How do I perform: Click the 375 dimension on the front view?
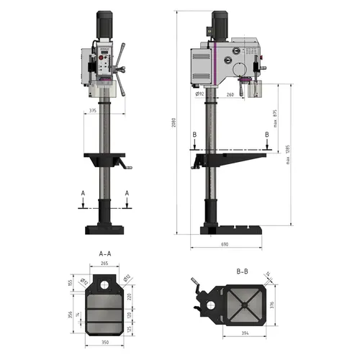point(93,110)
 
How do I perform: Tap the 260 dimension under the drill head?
point(230,93)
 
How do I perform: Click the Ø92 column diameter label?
point(199,93)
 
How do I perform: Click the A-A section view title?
point(105,254)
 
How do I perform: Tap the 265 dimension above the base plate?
point(105,264)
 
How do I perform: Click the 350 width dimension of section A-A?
point(104,343)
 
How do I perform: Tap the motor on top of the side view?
point(219,25)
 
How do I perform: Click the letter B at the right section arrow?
point(267,134)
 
